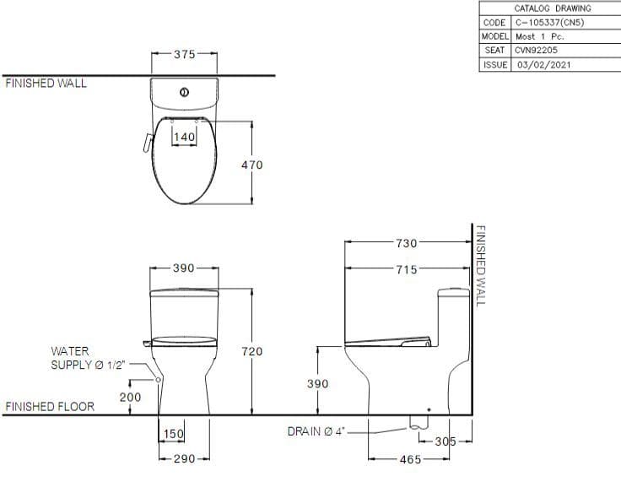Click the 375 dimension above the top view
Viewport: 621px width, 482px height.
184,54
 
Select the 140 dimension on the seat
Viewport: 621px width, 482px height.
184,137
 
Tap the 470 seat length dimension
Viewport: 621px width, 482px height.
251,165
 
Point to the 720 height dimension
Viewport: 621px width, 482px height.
251,351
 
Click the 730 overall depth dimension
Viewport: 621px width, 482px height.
406,243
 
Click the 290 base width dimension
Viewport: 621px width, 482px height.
184,458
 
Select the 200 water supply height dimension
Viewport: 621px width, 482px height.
130,397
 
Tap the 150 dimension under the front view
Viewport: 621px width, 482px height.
173,434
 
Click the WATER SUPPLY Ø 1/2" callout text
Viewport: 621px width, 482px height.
88,358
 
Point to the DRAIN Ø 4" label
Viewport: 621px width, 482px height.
316,432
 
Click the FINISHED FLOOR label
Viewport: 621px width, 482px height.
50,407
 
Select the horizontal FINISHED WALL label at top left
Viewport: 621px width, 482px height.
46,84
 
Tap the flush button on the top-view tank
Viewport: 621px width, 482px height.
184,91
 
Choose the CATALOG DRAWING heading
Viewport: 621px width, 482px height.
552,8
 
